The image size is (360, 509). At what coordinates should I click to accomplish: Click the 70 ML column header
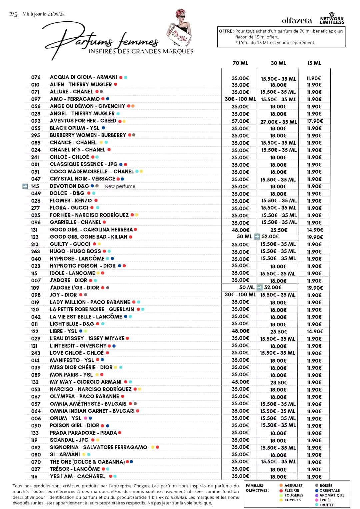pos(240,63)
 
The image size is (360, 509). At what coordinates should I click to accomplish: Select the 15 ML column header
pos(314,63)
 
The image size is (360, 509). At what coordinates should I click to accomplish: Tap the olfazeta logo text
pos(297,21)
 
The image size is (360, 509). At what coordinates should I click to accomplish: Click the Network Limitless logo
pos(332,19)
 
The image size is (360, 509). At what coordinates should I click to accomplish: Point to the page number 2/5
pos(13,14)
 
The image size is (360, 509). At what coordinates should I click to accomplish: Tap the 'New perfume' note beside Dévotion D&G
pos(120,186)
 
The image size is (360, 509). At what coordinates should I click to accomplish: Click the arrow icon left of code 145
pos(25,186)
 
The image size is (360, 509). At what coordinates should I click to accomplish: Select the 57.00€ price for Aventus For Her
pos(240,121)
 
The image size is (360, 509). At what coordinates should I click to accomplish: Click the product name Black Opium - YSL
pos(75,128)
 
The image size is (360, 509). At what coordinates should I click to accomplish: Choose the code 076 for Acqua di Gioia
pos(36,77)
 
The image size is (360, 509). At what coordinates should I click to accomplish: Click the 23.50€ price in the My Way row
pos(279,383)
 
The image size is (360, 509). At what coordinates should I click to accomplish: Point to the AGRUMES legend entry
pos(293,486)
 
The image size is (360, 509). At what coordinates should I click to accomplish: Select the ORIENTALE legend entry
pos(329,490)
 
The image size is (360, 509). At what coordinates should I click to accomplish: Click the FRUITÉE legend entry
pos(326,505)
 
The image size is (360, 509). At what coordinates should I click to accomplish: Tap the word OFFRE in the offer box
pos(226,31)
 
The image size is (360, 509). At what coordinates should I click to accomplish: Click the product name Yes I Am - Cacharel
pos(77,476)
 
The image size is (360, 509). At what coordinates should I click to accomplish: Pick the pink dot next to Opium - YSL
pos(86,418)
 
